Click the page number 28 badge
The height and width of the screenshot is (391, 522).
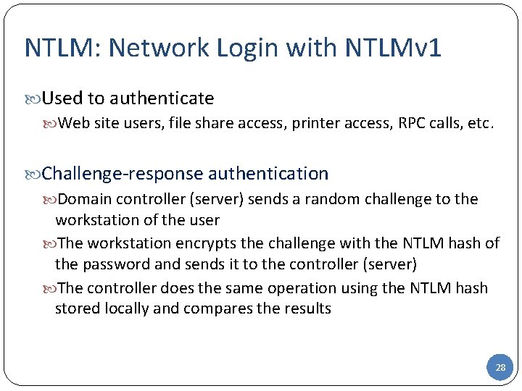(x=500, y=368)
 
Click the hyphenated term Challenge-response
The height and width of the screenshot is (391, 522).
(x=123, y=173)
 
